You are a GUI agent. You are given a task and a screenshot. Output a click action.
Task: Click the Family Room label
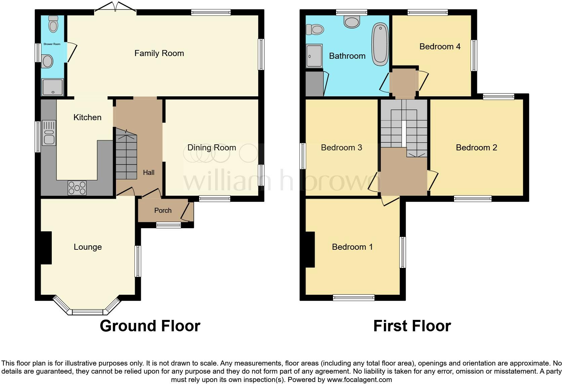(x=159, y=53)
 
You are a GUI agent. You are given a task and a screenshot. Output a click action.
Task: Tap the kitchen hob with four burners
(x=77, y=188)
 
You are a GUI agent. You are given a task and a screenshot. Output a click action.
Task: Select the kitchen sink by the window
(x=49, y=133)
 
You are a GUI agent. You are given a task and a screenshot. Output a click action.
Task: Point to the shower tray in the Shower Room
(x=52, y=87)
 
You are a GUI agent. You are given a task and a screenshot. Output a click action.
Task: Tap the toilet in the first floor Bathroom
(x=315, y=30)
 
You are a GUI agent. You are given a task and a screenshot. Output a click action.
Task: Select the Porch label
(x=163, y=210)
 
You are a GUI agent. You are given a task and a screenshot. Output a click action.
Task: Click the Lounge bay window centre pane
(x=87, y=312)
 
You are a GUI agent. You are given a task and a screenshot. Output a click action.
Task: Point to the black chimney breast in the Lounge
(x=46, y=248)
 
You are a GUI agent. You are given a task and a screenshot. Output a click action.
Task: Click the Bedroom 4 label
(x=440, y=46)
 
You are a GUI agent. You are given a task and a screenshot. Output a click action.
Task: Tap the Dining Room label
(x=211, y=147)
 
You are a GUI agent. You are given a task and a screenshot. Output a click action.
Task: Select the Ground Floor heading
(x=150, y=326)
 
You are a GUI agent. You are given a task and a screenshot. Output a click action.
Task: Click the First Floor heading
(x=412, y=326)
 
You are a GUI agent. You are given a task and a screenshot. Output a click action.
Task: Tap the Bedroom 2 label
(x=476, y=147)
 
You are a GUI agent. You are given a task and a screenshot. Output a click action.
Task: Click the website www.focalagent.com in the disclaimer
(x=359, y=380)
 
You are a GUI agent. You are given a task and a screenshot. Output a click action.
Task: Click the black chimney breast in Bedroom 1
(x=310, y=249)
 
